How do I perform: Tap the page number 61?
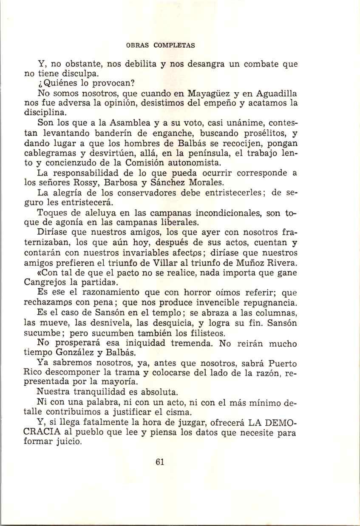pyautogui.click(x=160, y=463)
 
